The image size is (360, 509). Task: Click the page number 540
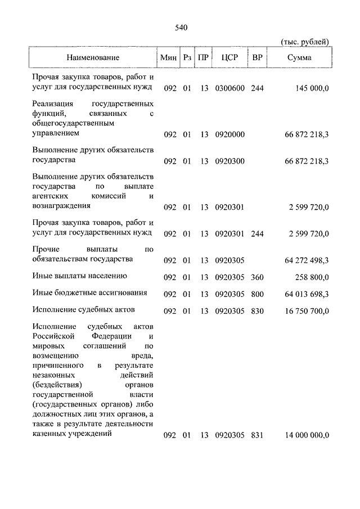pos(181,28)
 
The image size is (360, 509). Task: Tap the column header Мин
pos(168,58)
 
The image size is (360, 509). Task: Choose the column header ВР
pos(257,58)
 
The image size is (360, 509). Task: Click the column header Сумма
pos(300,58)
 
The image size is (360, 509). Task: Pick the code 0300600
pos(229,88)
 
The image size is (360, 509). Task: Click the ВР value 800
pos(258,294)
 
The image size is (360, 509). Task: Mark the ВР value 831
pos(258,435)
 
